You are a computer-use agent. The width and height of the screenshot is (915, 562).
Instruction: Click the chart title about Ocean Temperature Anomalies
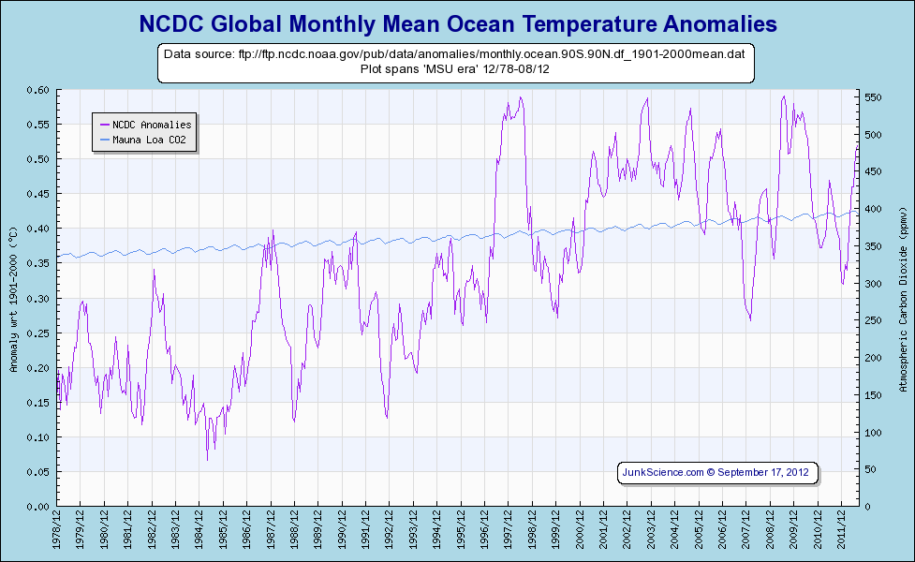click(x=458, y=22)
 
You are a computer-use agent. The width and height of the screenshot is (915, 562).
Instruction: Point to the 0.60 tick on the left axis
click(x=38, y=90)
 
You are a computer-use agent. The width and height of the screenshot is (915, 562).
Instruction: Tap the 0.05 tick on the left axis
click(x=38, y=472)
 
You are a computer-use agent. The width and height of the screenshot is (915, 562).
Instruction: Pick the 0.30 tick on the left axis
click(x=38, y=299)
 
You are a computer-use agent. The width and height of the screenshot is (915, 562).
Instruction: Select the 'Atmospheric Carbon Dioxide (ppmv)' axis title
click(x=901, y=299)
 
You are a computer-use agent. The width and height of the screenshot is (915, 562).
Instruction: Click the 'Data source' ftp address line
click(x=454, y=55)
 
